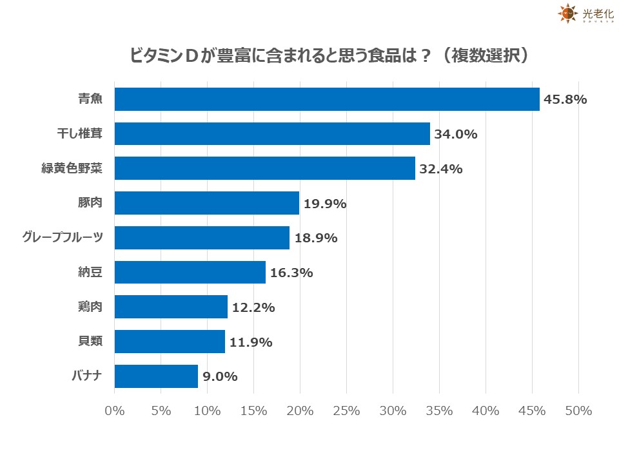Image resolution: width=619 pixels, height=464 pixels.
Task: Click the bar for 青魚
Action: tap(327, 99)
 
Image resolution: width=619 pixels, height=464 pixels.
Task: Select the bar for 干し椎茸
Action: tap(272, 134)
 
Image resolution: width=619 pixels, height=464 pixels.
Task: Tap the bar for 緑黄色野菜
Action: tap(265, 169)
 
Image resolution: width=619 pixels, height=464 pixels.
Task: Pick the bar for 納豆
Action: tap(190, 273)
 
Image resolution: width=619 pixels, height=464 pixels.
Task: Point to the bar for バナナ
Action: tap(156, 376)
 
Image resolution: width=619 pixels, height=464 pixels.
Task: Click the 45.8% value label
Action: tap(565, 99)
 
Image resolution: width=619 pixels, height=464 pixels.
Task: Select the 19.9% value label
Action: tap(326, 204)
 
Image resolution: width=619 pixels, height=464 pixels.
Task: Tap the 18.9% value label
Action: tap(316, 238)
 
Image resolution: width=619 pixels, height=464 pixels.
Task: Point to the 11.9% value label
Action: tap(251, 342)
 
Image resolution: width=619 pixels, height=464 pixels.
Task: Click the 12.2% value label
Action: tap(253, 307)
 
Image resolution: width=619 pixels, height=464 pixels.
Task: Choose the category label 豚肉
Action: tap(90, 204)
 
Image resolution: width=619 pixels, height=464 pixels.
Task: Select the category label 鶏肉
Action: tap(90, 307)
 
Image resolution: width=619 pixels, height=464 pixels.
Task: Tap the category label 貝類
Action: tap(90, 342)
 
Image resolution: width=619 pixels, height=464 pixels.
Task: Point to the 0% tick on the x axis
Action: tap(115, 411)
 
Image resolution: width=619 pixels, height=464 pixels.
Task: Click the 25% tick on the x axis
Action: tap(347, 411)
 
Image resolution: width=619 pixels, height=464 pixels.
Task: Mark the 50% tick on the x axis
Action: tap(578, 411)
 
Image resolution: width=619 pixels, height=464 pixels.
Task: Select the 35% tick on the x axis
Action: tap(439, 411)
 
